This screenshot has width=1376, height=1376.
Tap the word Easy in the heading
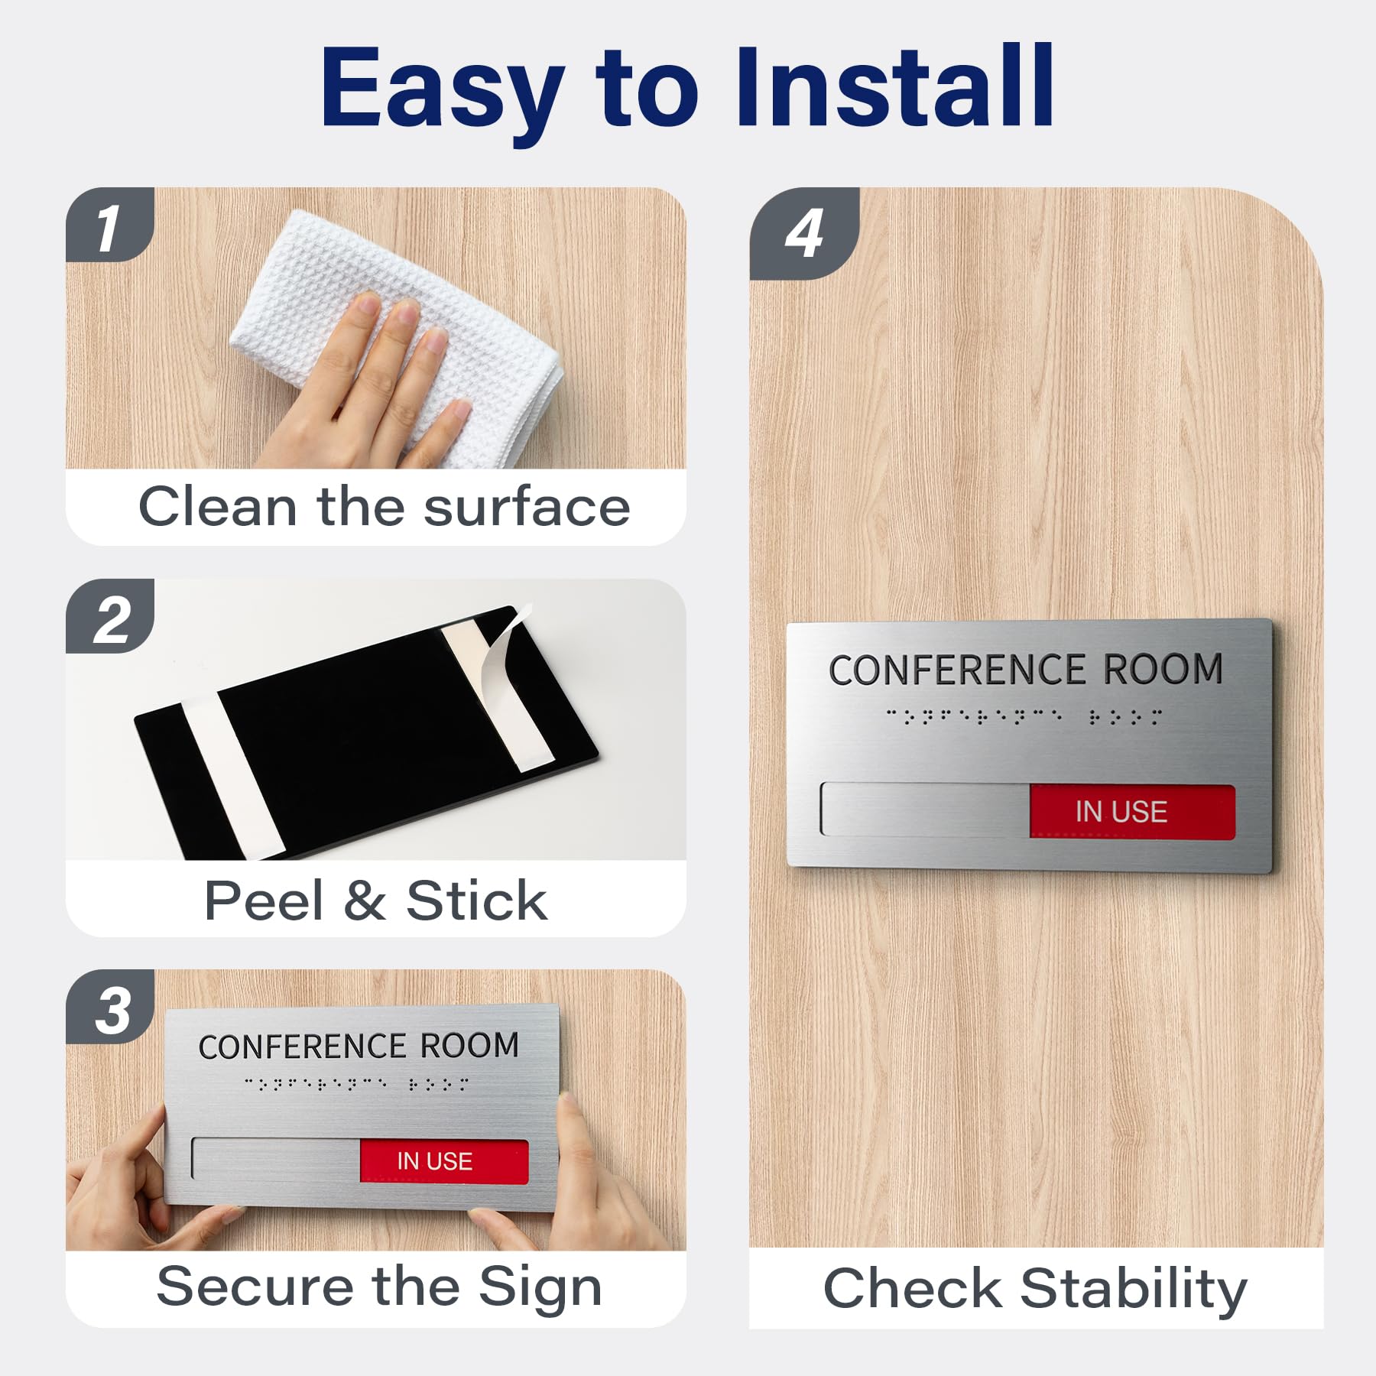click(x=443, y=95)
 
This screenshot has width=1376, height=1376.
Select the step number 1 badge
click(x=109, y=225)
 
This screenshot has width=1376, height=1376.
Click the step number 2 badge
click(x=109, y=616)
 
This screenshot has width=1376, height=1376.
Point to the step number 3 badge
click(x=109, y=1008)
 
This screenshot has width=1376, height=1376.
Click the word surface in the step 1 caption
click(x=527, y=507)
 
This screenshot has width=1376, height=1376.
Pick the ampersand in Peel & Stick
click(x=364, y=901)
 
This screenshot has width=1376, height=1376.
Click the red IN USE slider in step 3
click(x=444, y=1160)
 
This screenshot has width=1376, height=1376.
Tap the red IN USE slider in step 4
click(x=1132, y=811)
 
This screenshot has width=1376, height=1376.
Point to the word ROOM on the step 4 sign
click(x=1163, y=669)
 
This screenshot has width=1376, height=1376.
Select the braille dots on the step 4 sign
click(x=1024, y=716)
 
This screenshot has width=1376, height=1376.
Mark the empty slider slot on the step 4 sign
click(x=925, y=809)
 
